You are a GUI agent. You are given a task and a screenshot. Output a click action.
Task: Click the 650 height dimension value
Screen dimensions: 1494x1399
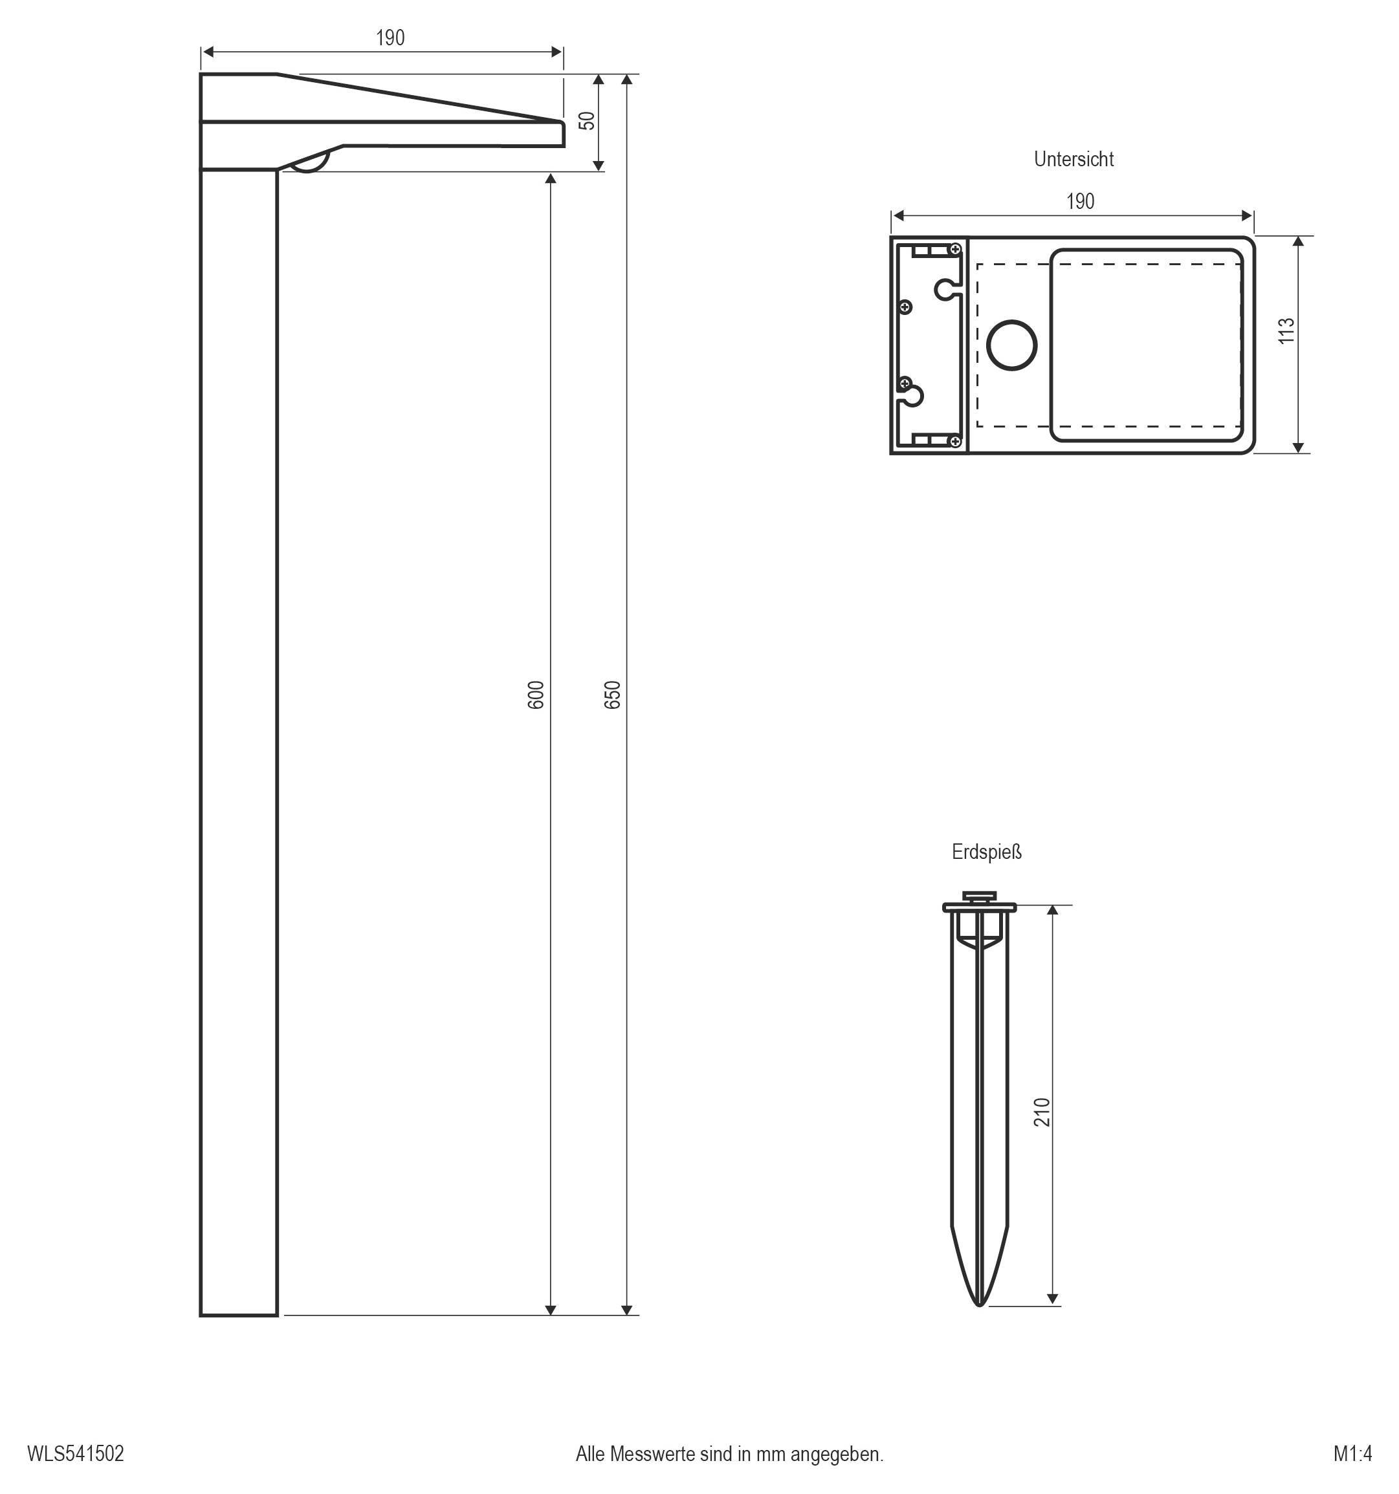tap(613, 695)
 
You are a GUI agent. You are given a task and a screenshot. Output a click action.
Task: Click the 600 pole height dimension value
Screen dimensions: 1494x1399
tap(535, 695)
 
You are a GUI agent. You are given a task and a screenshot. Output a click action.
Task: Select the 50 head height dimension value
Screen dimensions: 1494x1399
tap(587, 120)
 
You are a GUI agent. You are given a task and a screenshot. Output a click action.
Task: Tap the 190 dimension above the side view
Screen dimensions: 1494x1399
tap(390, 38)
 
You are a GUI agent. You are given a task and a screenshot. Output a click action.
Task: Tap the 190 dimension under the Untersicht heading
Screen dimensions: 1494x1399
tap(1080, 201)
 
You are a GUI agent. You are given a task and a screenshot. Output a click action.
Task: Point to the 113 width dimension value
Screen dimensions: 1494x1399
tap(1286, 330)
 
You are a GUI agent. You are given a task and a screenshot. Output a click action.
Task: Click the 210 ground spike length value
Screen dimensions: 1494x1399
tap(1041, 1112)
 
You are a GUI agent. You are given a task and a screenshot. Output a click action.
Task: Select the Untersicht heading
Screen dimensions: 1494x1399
tap(1074, 159)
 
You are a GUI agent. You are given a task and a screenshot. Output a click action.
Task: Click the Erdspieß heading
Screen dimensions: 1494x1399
tap(986, 852)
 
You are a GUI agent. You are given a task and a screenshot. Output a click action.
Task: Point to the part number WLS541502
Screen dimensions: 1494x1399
tap(75, 1453)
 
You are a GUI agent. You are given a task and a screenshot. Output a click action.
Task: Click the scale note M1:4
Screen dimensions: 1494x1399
tap(1352, 1453)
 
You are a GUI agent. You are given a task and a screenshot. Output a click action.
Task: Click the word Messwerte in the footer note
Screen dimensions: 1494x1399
tap(652, 1453)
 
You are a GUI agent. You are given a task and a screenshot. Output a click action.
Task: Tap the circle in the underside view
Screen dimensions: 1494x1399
tap(1011, 345)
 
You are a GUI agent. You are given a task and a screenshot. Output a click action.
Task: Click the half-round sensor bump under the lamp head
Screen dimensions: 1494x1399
tap(310, 164)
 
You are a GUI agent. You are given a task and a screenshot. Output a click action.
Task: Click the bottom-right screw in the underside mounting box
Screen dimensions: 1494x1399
tap(956, 441)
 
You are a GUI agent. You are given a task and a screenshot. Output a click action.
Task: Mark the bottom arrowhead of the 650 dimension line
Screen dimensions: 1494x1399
tap(627, 1310)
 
